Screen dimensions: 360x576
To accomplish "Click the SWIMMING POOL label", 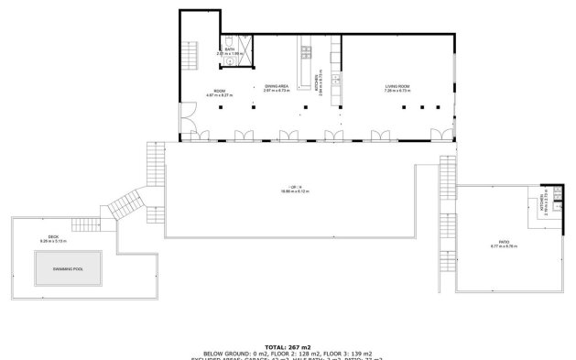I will (x=68, y=267).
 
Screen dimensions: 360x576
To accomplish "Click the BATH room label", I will (x=229, y=49).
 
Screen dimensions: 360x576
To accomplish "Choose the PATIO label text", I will (x=504, y=242).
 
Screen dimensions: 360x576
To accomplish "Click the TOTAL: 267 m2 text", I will (x=288, y=347).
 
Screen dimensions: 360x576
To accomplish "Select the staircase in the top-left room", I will (x=190, y=56).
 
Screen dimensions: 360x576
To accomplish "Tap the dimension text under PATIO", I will (x=504, y=247).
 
